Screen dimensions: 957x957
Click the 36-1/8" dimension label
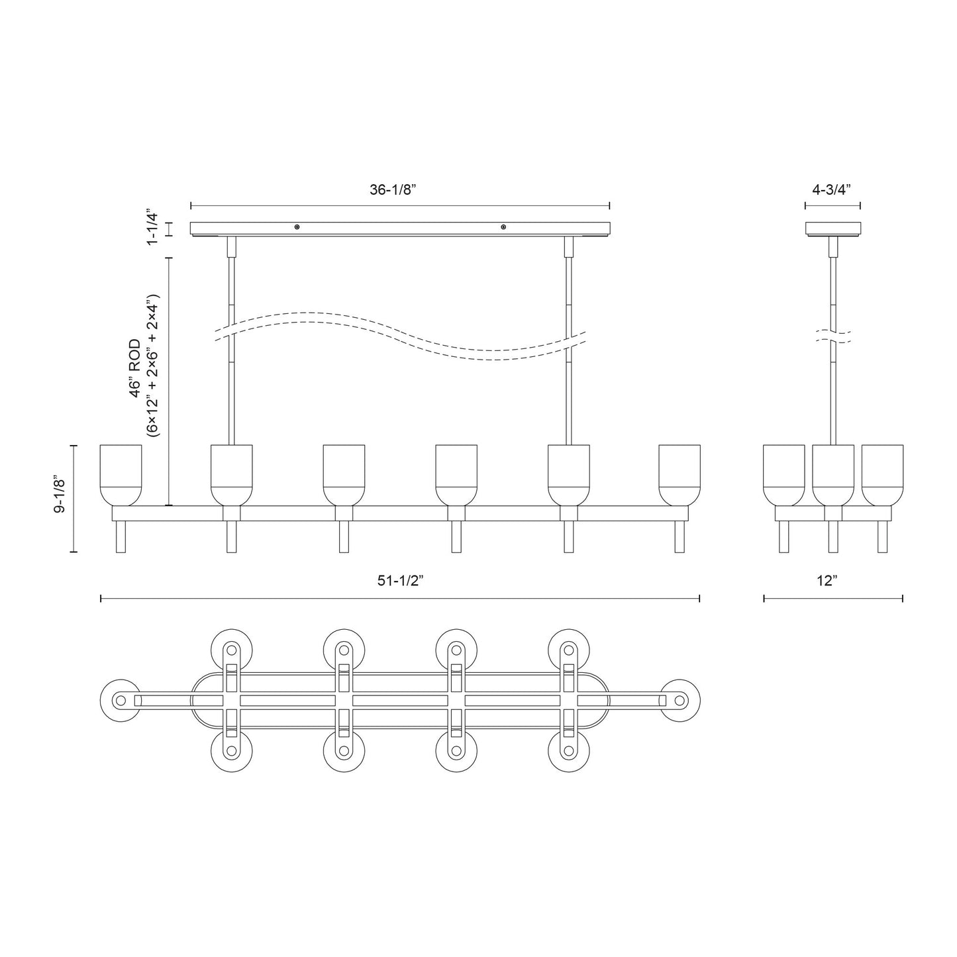click(x=392, y=189)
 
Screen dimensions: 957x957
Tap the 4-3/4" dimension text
click(x=831, y=189)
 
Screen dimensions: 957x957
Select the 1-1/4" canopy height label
click(x=153, y=229)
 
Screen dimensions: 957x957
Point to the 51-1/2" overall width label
click(x=399, y=581)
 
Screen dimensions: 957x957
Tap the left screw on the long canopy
click(x=297, y=228)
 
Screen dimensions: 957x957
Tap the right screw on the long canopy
click(x=503, y=228)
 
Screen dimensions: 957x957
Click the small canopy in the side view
click(x=833, y=229)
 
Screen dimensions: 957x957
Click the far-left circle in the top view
click(x=119, y=700)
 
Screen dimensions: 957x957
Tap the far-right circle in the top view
click(x=680, y=700)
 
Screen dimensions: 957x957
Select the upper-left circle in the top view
click(x=231, y=648)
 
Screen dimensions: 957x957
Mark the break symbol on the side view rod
click(x=833, y=335)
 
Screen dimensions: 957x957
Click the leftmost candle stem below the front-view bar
click(x=121, y=536)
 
